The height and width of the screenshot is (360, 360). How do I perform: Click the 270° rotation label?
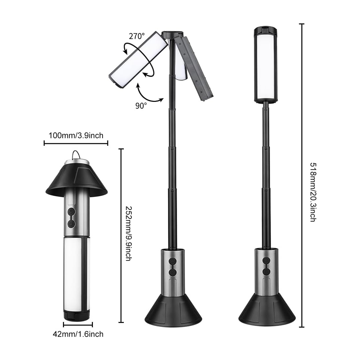point(137,36)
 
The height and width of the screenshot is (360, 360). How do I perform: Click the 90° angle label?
point(141,105)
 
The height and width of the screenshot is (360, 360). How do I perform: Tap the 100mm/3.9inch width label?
point(76,135)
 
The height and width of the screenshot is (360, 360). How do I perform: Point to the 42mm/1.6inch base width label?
point(78,334)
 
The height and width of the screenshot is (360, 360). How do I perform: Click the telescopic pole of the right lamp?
point(266,173)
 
